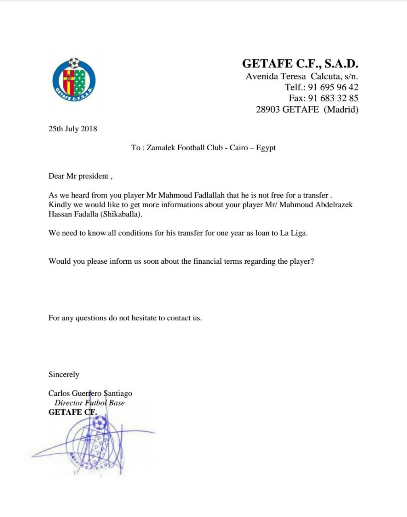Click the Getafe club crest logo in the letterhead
point(74,80)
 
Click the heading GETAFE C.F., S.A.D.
point(300,64)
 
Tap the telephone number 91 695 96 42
point(333,87)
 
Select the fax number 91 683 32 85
point(333,98)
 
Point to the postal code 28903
point(268,109)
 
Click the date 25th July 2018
point(73,129)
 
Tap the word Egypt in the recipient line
point(266,148)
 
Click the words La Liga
point(293,233)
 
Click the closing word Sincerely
point(64,374)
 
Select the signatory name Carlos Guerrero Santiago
point(90,393)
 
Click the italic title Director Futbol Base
point(90,403)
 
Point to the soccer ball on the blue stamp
point(99,423)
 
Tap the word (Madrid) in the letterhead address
point(341,109)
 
